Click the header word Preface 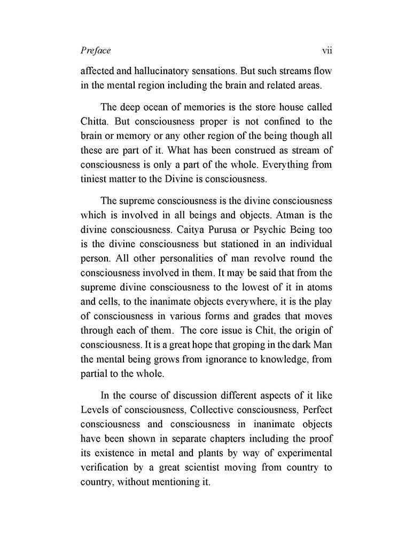point(96,51)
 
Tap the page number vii point(327,51)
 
